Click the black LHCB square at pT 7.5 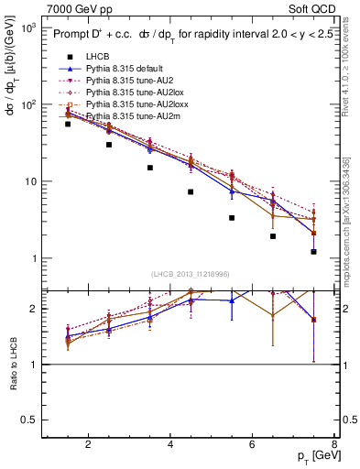coord(314,252)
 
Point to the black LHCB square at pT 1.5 coord(68,124)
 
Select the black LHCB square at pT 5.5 coord(232,218)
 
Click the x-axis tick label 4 coord(171,445)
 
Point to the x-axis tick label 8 coord(335,445)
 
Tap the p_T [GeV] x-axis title coord(314,457)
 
